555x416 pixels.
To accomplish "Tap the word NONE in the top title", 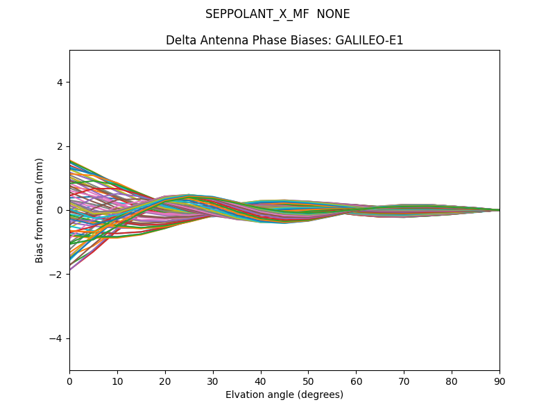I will pyautogui.click(x=333, y=14).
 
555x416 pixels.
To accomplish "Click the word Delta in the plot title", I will pyautogui.click(x=180, y=40).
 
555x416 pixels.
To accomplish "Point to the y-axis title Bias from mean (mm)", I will pyautogui.click(x=40, y=210).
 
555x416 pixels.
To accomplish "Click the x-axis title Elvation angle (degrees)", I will pyautogui.click(x=284, y=395).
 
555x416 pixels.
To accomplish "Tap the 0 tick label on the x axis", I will pyautogui.click(x=69, y=381).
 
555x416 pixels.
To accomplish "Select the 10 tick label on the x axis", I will pyautogui.click(x=117, y=381).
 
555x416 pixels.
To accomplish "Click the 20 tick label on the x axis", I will pyautogui.click(x=165, y=381).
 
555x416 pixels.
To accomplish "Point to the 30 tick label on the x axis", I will pyautogui.click(x=213, y=381).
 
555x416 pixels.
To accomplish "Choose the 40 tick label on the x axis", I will pyautogui.click(x=261, y=381).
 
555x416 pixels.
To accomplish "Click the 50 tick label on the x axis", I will pyautogui.click(x=308, y=381).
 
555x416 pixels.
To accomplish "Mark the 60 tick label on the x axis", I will pyautogui.click(x=356, y=381).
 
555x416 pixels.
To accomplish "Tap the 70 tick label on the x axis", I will pyautogui.click(x=404, y=381).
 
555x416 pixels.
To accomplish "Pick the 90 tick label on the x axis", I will pyautogui.click(x=499, y=381).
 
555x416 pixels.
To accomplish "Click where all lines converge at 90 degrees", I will pyautogui.click(x=499, y=210).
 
